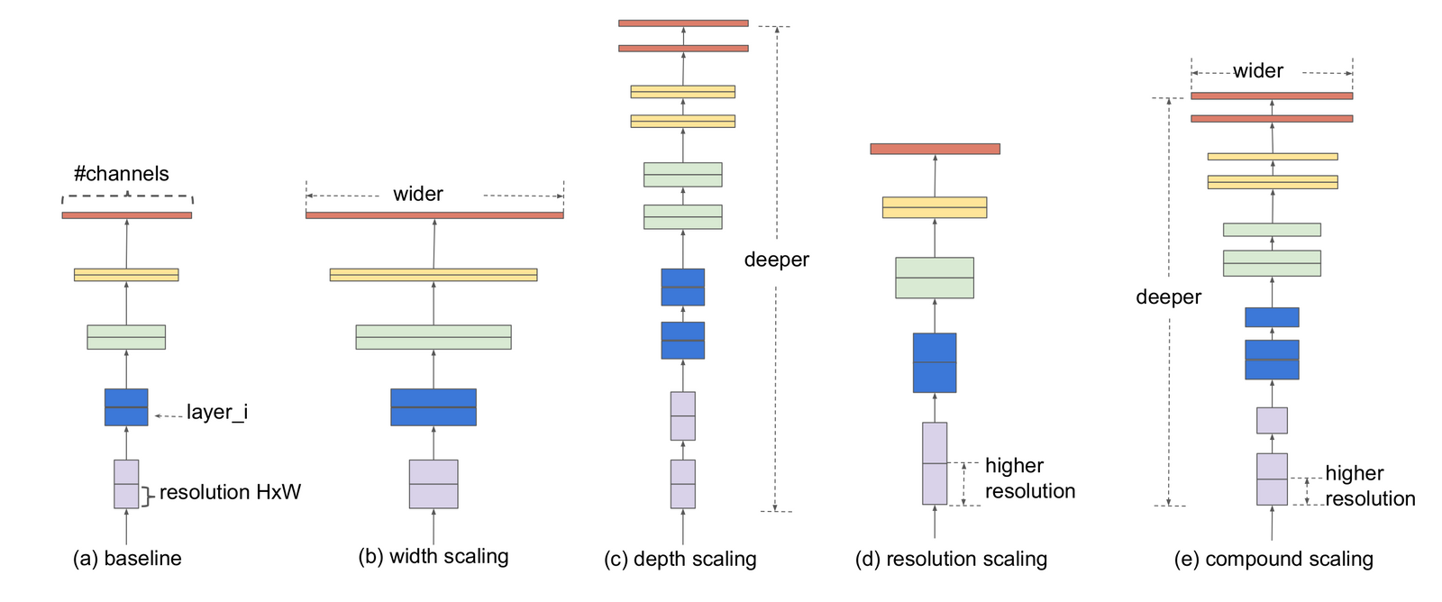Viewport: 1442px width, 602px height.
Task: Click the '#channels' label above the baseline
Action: [122, 174]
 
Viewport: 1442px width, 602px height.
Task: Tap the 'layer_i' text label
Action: [216, 413]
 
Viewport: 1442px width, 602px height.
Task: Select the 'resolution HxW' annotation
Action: [230, 492]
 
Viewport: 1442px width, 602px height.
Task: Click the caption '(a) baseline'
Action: [127, 559]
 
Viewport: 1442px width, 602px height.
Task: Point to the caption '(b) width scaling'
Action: [434, 557]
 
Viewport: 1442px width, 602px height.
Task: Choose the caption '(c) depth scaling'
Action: [680, 559]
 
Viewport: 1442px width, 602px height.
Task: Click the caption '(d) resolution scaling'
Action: [951, 559]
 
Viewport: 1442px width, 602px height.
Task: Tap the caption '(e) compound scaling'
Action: [1273, 559]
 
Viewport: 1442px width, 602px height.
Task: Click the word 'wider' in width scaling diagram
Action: [418, 195]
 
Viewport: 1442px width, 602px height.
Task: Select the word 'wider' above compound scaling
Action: [1258, 71]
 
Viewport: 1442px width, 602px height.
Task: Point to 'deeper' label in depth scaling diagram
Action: [777, 260]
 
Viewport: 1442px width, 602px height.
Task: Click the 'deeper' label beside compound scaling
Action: [1168, 297]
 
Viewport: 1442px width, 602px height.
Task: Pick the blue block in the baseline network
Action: [126, 407]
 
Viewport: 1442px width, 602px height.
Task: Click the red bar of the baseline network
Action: [127, 215]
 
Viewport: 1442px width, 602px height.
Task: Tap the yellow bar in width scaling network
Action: [434, 275]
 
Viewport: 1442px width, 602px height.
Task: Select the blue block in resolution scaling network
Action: [935, 362]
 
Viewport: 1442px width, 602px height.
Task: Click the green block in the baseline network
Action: [126, 337]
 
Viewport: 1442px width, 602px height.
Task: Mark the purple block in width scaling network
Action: [434, 484]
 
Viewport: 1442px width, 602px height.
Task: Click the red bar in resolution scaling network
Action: [935, 149]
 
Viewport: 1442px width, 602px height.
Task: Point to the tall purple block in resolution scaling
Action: [935, 463]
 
